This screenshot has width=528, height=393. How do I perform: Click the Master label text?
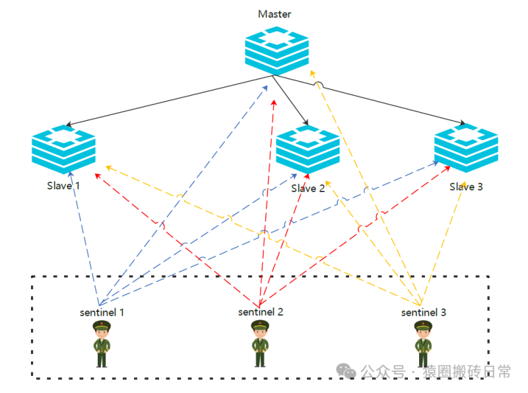(x=275, y=14)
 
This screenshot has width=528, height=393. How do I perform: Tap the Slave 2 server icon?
(x=308, y=150)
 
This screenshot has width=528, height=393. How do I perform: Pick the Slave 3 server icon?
(x=466, y=148)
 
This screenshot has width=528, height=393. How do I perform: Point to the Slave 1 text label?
(x=63, y=186)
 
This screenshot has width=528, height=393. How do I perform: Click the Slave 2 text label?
(x=308, y=188)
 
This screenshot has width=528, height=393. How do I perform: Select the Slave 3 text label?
(x=466, y=186)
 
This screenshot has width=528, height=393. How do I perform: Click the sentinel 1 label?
(x=102, y=311)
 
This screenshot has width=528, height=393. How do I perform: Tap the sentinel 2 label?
(x=261, y=311)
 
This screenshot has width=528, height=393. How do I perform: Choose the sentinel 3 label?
(x=424, y=312)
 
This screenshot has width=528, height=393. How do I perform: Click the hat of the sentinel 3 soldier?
(x=423, y=324)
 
